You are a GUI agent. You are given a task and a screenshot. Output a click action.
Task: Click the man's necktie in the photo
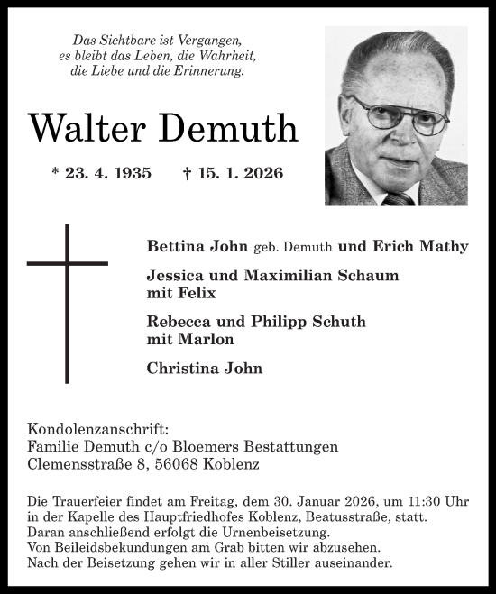pyautogui.click(x=397, y=197)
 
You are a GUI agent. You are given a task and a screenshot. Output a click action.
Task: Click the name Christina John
pyautogui.click(x=204, y=368)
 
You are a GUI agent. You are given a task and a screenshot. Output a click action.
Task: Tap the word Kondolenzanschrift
pyautogui.click(x=98, y=429)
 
